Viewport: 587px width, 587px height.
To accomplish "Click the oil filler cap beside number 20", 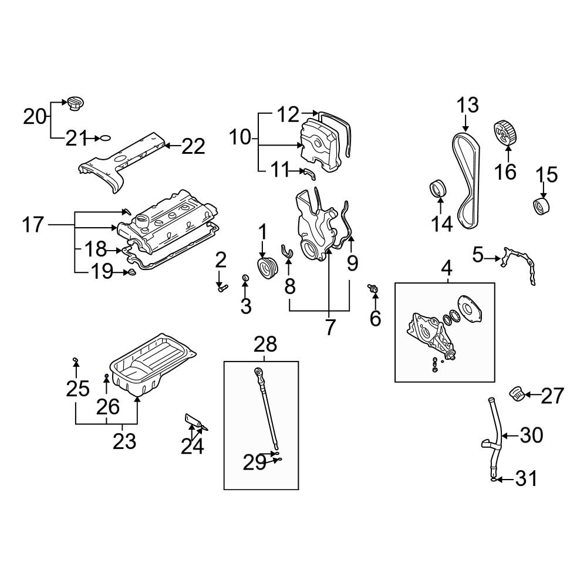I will tap(75, 103).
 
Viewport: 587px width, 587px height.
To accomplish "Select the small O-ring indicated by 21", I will tap(104, 139).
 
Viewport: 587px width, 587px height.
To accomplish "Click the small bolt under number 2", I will tap(221, 288).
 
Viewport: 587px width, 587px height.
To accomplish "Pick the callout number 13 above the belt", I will tap(468, 106).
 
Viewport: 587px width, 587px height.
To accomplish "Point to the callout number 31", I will tap(526, 479).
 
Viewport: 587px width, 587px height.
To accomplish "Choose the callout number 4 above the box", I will tap(446, 268).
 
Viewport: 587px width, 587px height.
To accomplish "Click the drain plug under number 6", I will tap(372, 288).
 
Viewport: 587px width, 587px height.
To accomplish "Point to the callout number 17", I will tap(34, 224).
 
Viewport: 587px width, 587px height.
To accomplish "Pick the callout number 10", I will tap(239, 139).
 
